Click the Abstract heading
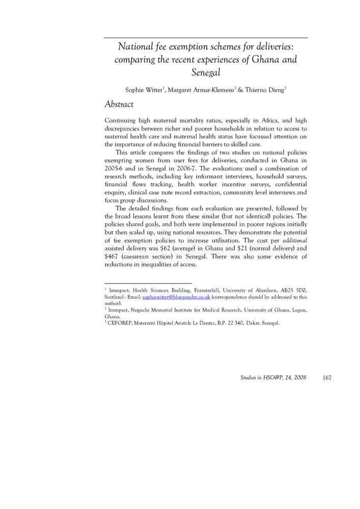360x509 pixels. click(119, 104)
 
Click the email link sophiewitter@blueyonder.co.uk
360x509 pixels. click(176, 296)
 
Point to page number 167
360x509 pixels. click(327, 378)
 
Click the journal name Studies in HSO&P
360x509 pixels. click(259, 378)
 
